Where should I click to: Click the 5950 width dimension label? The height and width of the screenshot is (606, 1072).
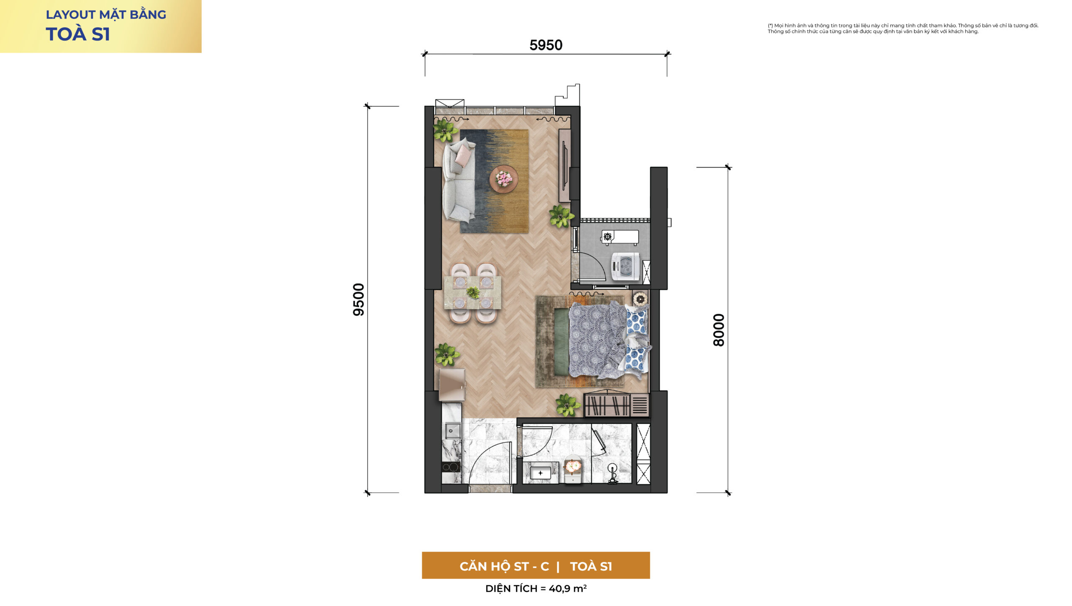coord(546,45)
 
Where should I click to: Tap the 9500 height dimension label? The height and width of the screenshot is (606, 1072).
coord(359,299)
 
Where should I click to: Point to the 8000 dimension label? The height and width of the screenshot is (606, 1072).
coord(719,330)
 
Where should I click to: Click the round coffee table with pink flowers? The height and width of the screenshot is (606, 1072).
coord(504,179)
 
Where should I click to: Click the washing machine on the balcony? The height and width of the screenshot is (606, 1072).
coord(625,266)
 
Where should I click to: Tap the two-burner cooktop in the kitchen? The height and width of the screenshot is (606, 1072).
coord(451,467)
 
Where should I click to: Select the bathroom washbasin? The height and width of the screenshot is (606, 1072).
coord(541,473)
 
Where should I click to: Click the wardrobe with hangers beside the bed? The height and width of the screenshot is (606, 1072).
coord(616,405)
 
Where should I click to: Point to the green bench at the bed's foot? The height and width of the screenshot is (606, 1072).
coord(562,342)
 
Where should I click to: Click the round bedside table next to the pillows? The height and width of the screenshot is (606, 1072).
coord(640,299)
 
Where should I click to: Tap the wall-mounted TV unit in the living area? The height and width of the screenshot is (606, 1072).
coord(565,165)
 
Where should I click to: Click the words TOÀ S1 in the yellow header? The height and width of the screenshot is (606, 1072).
coord(78,34)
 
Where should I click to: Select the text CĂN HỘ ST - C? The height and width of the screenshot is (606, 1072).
coord(504,567)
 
